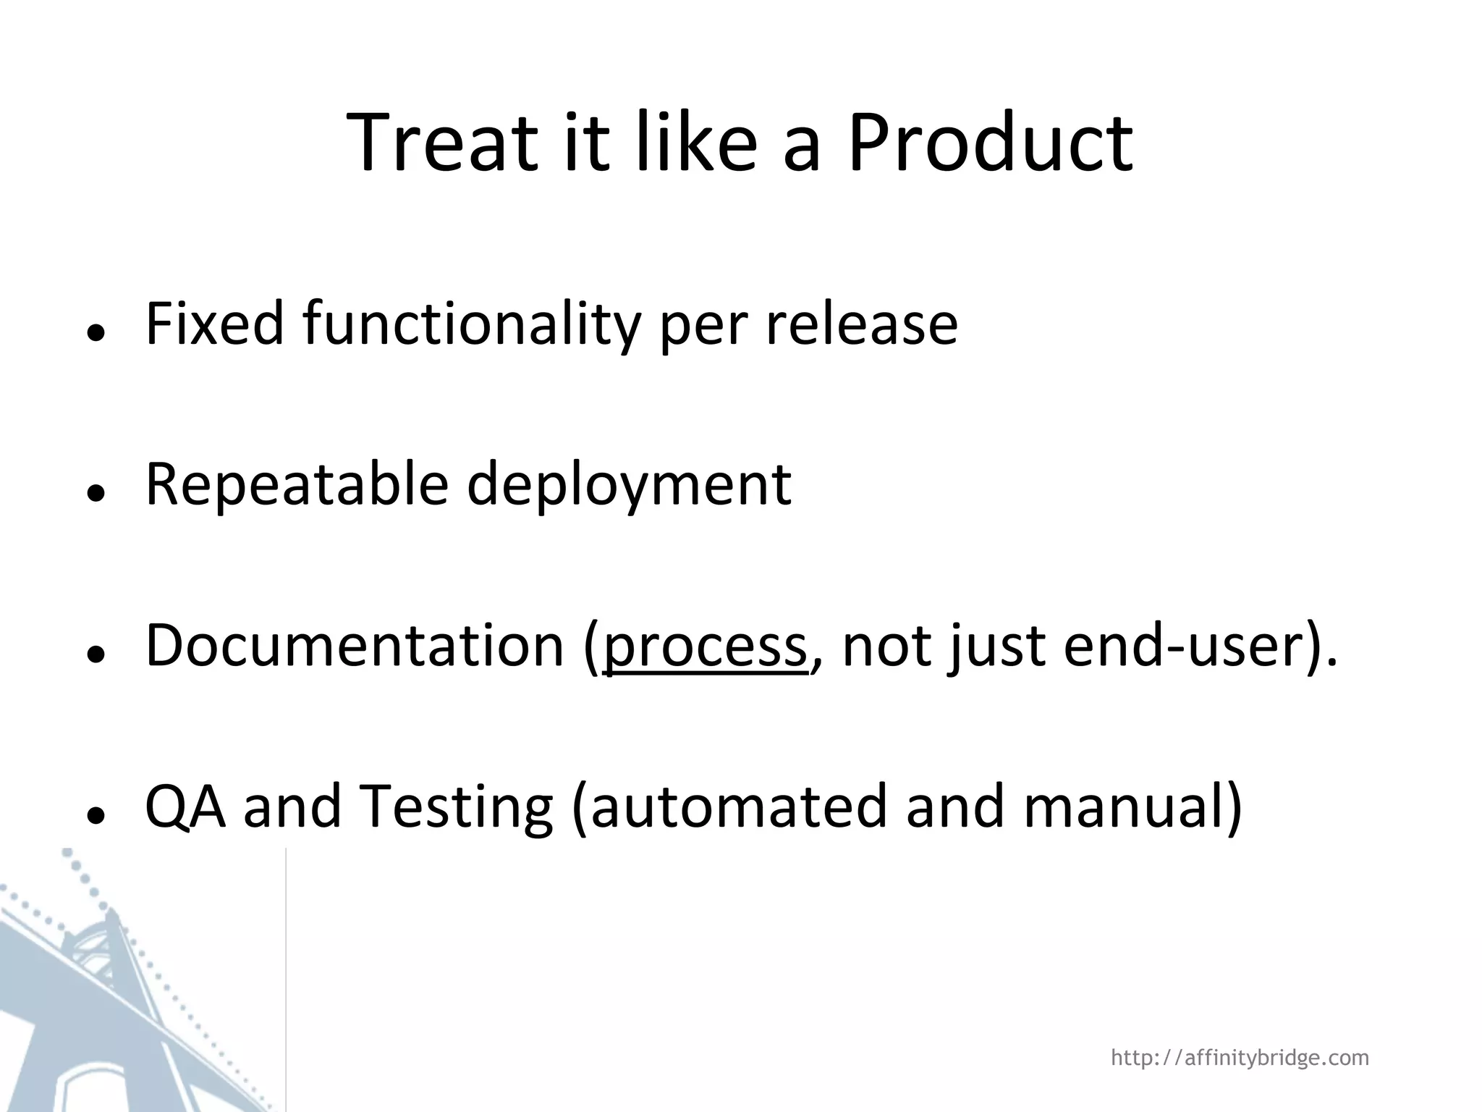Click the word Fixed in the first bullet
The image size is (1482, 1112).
215,324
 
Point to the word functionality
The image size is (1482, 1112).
471,324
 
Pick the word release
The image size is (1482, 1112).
861,324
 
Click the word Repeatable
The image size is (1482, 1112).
297,484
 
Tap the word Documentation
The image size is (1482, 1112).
355,644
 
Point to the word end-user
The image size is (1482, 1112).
1183,644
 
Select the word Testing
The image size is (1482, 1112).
455,806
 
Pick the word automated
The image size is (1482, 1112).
738,806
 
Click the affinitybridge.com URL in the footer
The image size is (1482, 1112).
1240,1058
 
